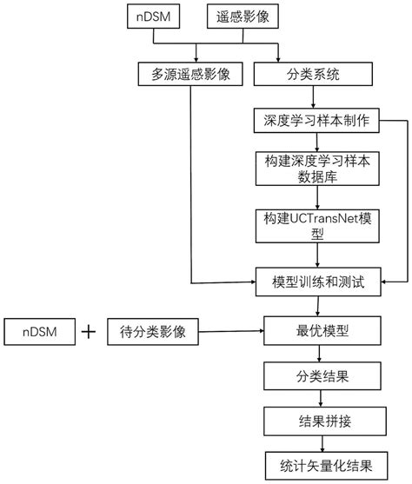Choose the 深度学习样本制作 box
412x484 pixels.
tap(319, 121)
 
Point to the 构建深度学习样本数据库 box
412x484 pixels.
tap(319, 169)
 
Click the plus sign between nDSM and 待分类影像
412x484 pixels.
tap(89, 331)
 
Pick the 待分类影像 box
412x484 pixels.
tap(153, 331)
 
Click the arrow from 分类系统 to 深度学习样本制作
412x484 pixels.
tap(319, 98)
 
